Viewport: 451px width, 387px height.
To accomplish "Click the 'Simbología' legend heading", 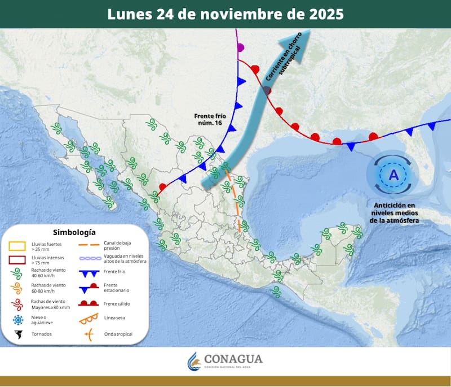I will click(74, 232).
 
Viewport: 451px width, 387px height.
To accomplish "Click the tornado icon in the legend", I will click(19, 334).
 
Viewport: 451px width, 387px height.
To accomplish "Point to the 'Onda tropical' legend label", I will click(118, 334).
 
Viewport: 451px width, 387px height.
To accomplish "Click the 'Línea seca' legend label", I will click(116, 319).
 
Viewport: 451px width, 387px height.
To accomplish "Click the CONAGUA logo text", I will click(232, 359).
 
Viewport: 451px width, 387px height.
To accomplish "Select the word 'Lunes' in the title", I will click(129, 14).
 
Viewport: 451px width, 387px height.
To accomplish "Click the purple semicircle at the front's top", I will click(241, 47).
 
